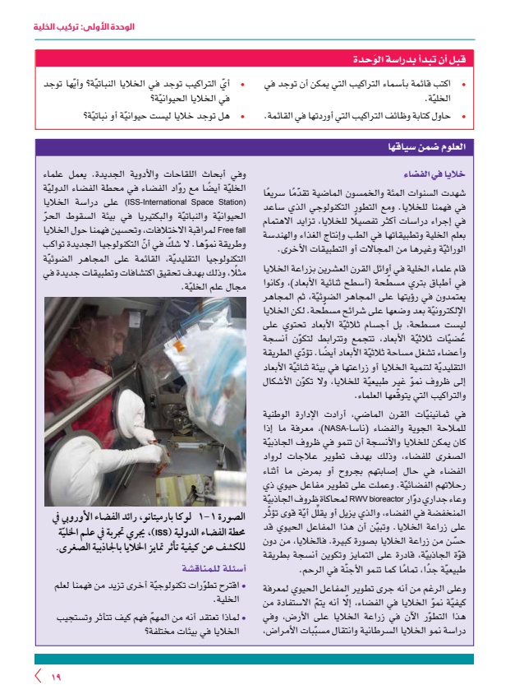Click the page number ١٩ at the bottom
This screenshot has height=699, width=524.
(55, 677)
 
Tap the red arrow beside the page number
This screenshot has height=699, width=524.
(38, 677)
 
